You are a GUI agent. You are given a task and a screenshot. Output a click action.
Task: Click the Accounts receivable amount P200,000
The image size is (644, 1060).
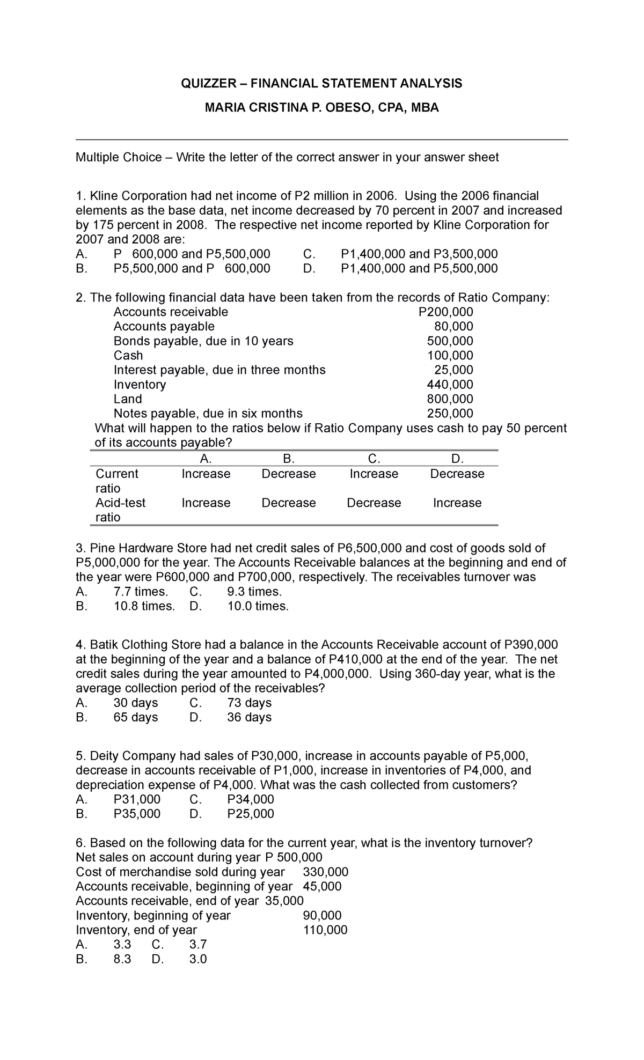click(445, 312)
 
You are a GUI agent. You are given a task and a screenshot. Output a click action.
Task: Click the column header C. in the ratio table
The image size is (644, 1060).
click(374, 459)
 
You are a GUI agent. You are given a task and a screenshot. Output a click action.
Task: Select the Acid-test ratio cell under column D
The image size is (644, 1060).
click(457, 503)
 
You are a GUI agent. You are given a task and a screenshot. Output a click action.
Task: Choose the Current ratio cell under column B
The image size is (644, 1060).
click(288, 474)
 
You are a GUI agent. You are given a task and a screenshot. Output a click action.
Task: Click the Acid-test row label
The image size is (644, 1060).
click(120, 503)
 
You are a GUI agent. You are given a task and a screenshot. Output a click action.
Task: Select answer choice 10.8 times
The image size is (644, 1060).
click(144, 606)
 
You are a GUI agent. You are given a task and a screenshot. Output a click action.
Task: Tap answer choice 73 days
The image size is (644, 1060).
click(249, 703)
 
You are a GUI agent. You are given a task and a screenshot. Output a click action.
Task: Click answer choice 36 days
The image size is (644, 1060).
click(249, 717)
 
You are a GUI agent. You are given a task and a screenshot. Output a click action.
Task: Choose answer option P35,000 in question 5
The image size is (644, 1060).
click(137, 814)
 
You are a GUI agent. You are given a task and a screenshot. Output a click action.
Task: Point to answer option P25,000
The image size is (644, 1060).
click(250, 814)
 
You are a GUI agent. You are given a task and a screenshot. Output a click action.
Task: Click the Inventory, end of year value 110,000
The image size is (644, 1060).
click(325, 930)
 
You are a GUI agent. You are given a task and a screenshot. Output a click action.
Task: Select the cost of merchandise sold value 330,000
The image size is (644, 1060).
click(326, 872)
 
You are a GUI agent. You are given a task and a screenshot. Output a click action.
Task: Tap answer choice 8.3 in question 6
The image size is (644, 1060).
click(122, 959)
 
